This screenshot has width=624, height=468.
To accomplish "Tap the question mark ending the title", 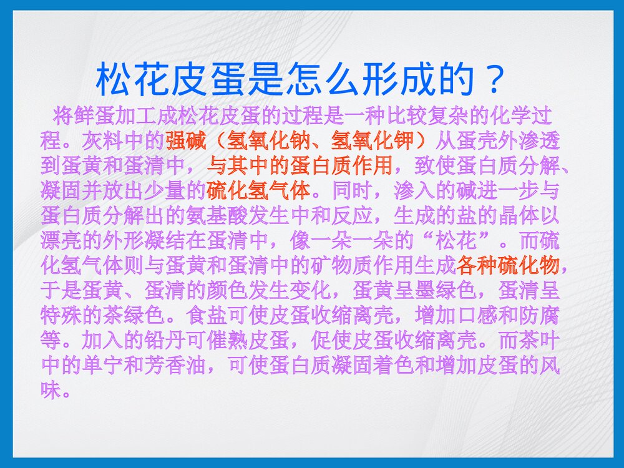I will (x=492, y=78).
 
